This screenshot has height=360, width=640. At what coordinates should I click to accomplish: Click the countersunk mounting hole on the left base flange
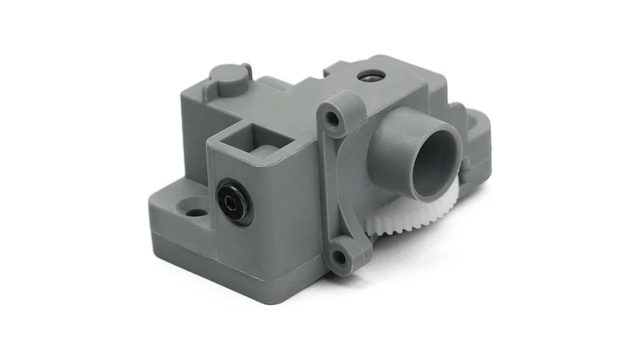pyautogui.click(x=196, y=212)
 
